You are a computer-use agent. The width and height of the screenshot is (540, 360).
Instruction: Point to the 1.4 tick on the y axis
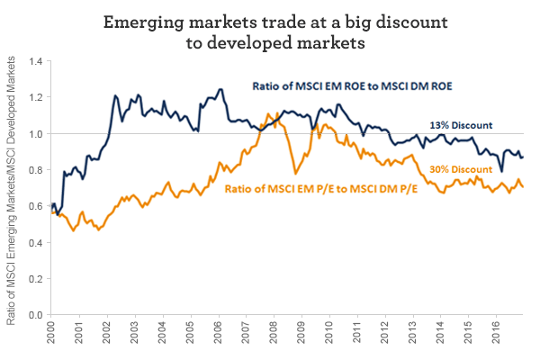(36, 61)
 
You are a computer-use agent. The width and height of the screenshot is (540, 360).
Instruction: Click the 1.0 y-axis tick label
(36, 134)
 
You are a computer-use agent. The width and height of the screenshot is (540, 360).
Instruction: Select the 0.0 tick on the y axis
(36, 316)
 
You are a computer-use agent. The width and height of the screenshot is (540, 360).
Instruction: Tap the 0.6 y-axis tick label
(36, 207)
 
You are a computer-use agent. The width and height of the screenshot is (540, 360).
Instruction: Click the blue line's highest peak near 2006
(220, 89)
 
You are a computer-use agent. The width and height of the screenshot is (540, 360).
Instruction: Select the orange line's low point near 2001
(73, 230)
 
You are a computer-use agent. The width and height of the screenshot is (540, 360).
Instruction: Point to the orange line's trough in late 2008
(294, 173)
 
